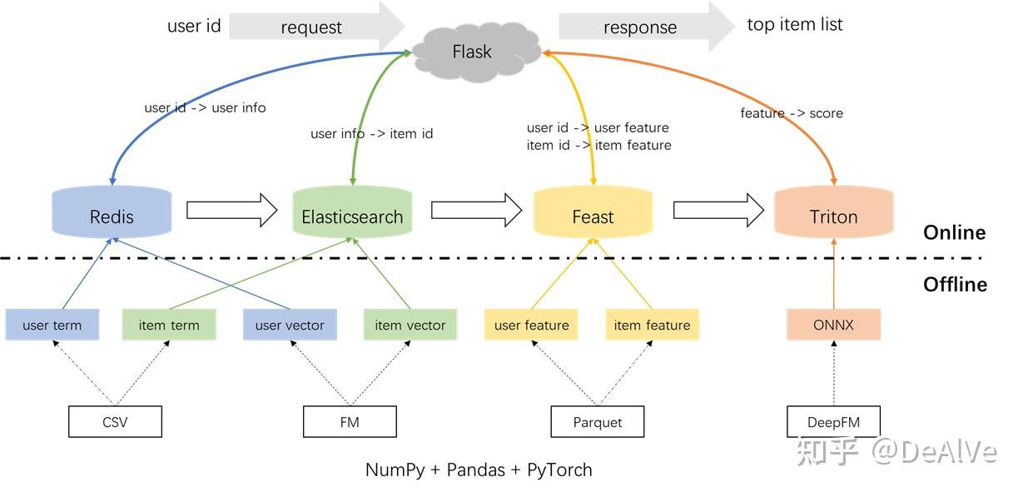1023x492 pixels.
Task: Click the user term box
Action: pyautogui.click(x=52, y=325)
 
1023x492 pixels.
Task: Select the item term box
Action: pyautogui.click(x=169, y=325)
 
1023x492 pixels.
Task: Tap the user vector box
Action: pyautogui.click(x=290, y=325)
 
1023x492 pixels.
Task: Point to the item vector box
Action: pyautogui.click(x=410, y=325)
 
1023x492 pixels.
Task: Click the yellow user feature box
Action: pyautogui.click(x=531, y=325)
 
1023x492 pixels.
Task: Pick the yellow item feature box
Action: pyautogui.click(x=652, y=325)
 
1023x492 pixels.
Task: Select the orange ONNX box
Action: pyautogui.click(x=833, y=325)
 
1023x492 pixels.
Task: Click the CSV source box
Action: pyautogui.click(x=115, y=422)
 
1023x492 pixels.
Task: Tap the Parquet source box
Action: pyautogui.click(x=598, y=422)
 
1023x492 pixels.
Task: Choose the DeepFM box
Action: pyautogui.click(x=833, y=422)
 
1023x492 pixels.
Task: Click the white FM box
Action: pyautogui.click(x=350, y=422)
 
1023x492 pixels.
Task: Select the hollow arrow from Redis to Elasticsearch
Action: pyautogui.click(x=231, y=209)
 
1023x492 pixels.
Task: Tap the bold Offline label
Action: pyautogui.click(x=955, y=285)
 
